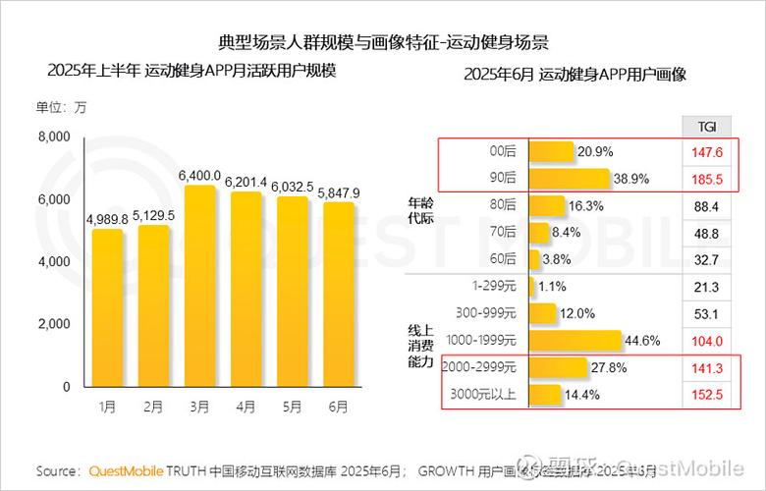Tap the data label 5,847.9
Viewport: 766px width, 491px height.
coord(339,192)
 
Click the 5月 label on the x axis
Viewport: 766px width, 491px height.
coord(294,406)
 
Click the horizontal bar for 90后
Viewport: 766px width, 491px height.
coord(570,180)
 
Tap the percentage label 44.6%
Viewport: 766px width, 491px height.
coord(642,341)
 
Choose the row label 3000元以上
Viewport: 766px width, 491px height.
coord(480,395)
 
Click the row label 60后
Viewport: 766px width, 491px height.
coord(502,259)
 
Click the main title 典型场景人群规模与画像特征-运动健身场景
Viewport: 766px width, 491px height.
coord(383,42)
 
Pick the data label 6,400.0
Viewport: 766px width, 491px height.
coord(199,175)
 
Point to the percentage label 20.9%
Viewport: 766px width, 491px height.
coord(595,152)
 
